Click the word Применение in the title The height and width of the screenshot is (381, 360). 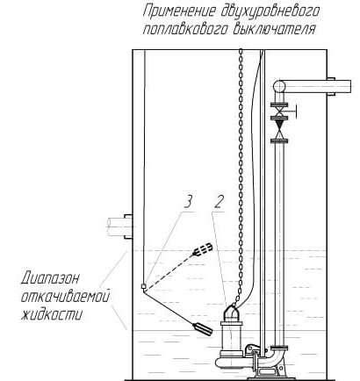179,11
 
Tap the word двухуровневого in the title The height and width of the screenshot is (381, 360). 270,12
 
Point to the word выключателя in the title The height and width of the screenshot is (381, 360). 274,29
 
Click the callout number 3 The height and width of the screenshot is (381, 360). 188,202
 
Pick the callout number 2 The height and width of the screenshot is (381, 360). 220,202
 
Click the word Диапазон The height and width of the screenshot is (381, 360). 50,278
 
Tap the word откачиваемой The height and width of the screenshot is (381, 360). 65,297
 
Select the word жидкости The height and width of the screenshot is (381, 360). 52,314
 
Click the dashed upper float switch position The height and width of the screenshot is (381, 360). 203,249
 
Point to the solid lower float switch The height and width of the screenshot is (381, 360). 203,329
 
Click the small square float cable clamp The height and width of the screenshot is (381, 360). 143,286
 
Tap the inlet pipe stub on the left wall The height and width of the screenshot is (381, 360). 120,226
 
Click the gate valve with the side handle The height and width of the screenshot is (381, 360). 280,111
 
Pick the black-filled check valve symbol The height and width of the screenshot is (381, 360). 280,130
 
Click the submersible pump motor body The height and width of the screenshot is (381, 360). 231,335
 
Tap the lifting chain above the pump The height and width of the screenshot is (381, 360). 241,176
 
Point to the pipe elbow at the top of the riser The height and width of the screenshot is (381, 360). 279,87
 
